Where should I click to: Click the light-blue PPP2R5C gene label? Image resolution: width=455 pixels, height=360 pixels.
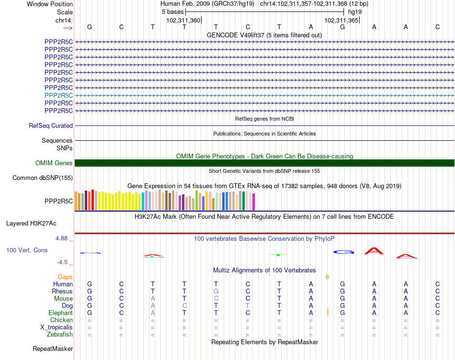(x=58, y=95)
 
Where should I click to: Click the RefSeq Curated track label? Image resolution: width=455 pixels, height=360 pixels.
(x=51, y=126)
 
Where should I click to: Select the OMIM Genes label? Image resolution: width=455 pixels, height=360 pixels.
(x=54, y=163)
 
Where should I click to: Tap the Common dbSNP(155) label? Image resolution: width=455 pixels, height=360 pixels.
(x=43, y=178)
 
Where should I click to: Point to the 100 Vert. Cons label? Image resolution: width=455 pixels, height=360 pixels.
(x=27, y=250)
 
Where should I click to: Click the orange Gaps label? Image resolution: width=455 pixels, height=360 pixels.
(x=65, y=277)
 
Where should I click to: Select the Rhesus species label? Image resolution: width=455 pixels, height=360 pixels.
(x=62, y=292)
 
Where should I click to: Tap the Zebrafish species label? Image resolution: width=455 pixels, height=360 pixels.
(x=60, y=335)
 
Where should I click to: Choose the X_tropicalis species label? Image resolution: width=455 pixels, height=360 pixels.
(x=57, y=327)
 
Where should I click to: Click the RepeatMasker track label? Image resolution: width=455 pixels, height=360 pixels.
(x=53, y=349)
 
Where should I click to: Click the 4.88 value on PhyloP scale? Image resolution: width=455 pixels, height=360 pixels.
(x=63, y=238)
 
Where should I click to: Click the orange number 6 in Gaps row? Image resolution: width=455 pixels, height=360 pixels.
(x=327, y=277)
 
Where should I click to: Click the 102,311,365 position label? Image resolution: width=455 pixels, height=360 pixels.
(x=341, y=20)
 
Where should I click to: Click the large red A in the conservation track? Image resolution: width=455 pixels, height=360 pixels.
(x=374, y=251)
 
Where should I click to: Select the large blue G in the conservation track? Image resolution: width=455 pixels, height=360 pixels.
(x=343, y=252)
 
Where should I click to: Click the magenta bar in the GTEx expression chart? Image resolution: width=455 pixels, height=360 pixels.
(x=253, y=201)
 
